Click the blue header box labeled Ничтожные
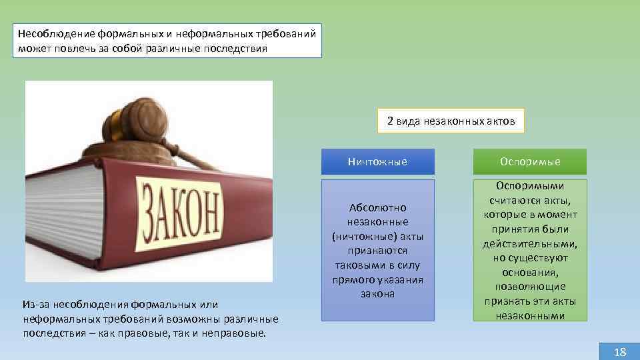click(x=377, y=162)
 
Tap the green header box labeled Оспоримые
click(x=530, y=162)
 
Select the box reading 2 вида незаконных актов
click(x=451, y=121)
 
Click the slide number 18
click(x=619, y=352)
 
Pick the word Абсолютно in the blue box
click(x=377, y=207)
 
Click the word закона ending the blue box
click(x=377, y=294)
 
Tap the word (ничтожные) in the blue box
click(x=377, y=236)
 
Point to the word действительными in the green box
click(x=530, y=243)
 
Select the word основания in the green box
click(x=530, y=272)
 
